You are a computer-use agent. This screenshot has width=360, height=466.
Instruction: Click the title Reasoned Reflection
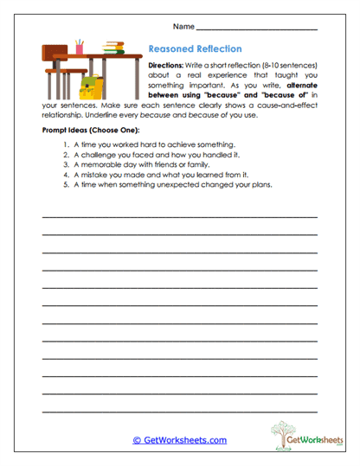click(x=195, y=49)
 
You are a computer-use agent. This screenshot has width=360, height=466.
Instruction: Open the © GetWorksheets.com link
click(x=180, y=440)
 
